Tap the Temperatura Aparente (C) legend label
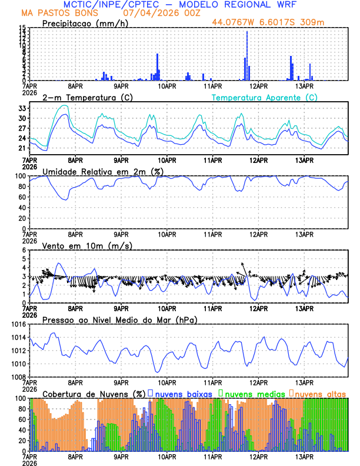pos(264,97)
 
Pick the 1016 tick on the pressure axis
pos(19,324)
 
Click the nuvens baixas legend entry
pos(183,393)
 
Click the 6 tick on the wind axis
pos(25,250)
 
